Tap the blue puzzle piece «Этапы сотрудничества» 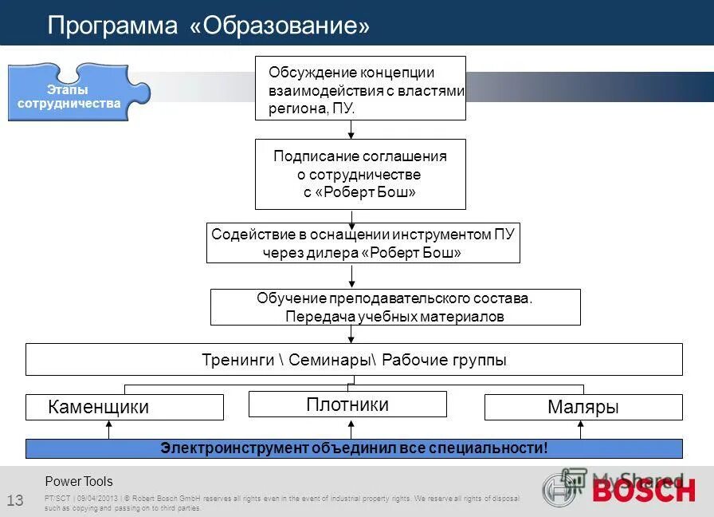tap(69, 95)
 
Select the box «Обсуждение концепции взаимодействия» tap(360, 89)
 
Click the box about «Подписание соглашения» tap(360, 174)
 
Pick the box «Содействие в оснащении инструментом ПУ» tap(363, 243)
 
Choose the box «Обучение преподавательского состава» tap(394, 307)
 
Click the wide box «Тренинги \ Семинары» tap(354, 359)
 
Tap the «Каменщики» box tap(124, 407)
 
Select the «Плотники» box tap(347, 405)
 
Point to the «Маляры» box tap(583, 407)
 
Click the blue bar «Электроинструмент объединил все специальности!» tap(354, 448)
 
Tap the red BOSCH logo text tap(643, 490)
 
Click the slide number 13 tap(15, 500)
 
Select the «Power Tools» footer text tap(79, 481)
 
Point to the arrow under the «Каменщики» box tap(109, 429)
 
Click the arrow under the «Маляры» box tap(580, 429)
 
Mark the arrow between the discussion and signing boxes tap(351, 130)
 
